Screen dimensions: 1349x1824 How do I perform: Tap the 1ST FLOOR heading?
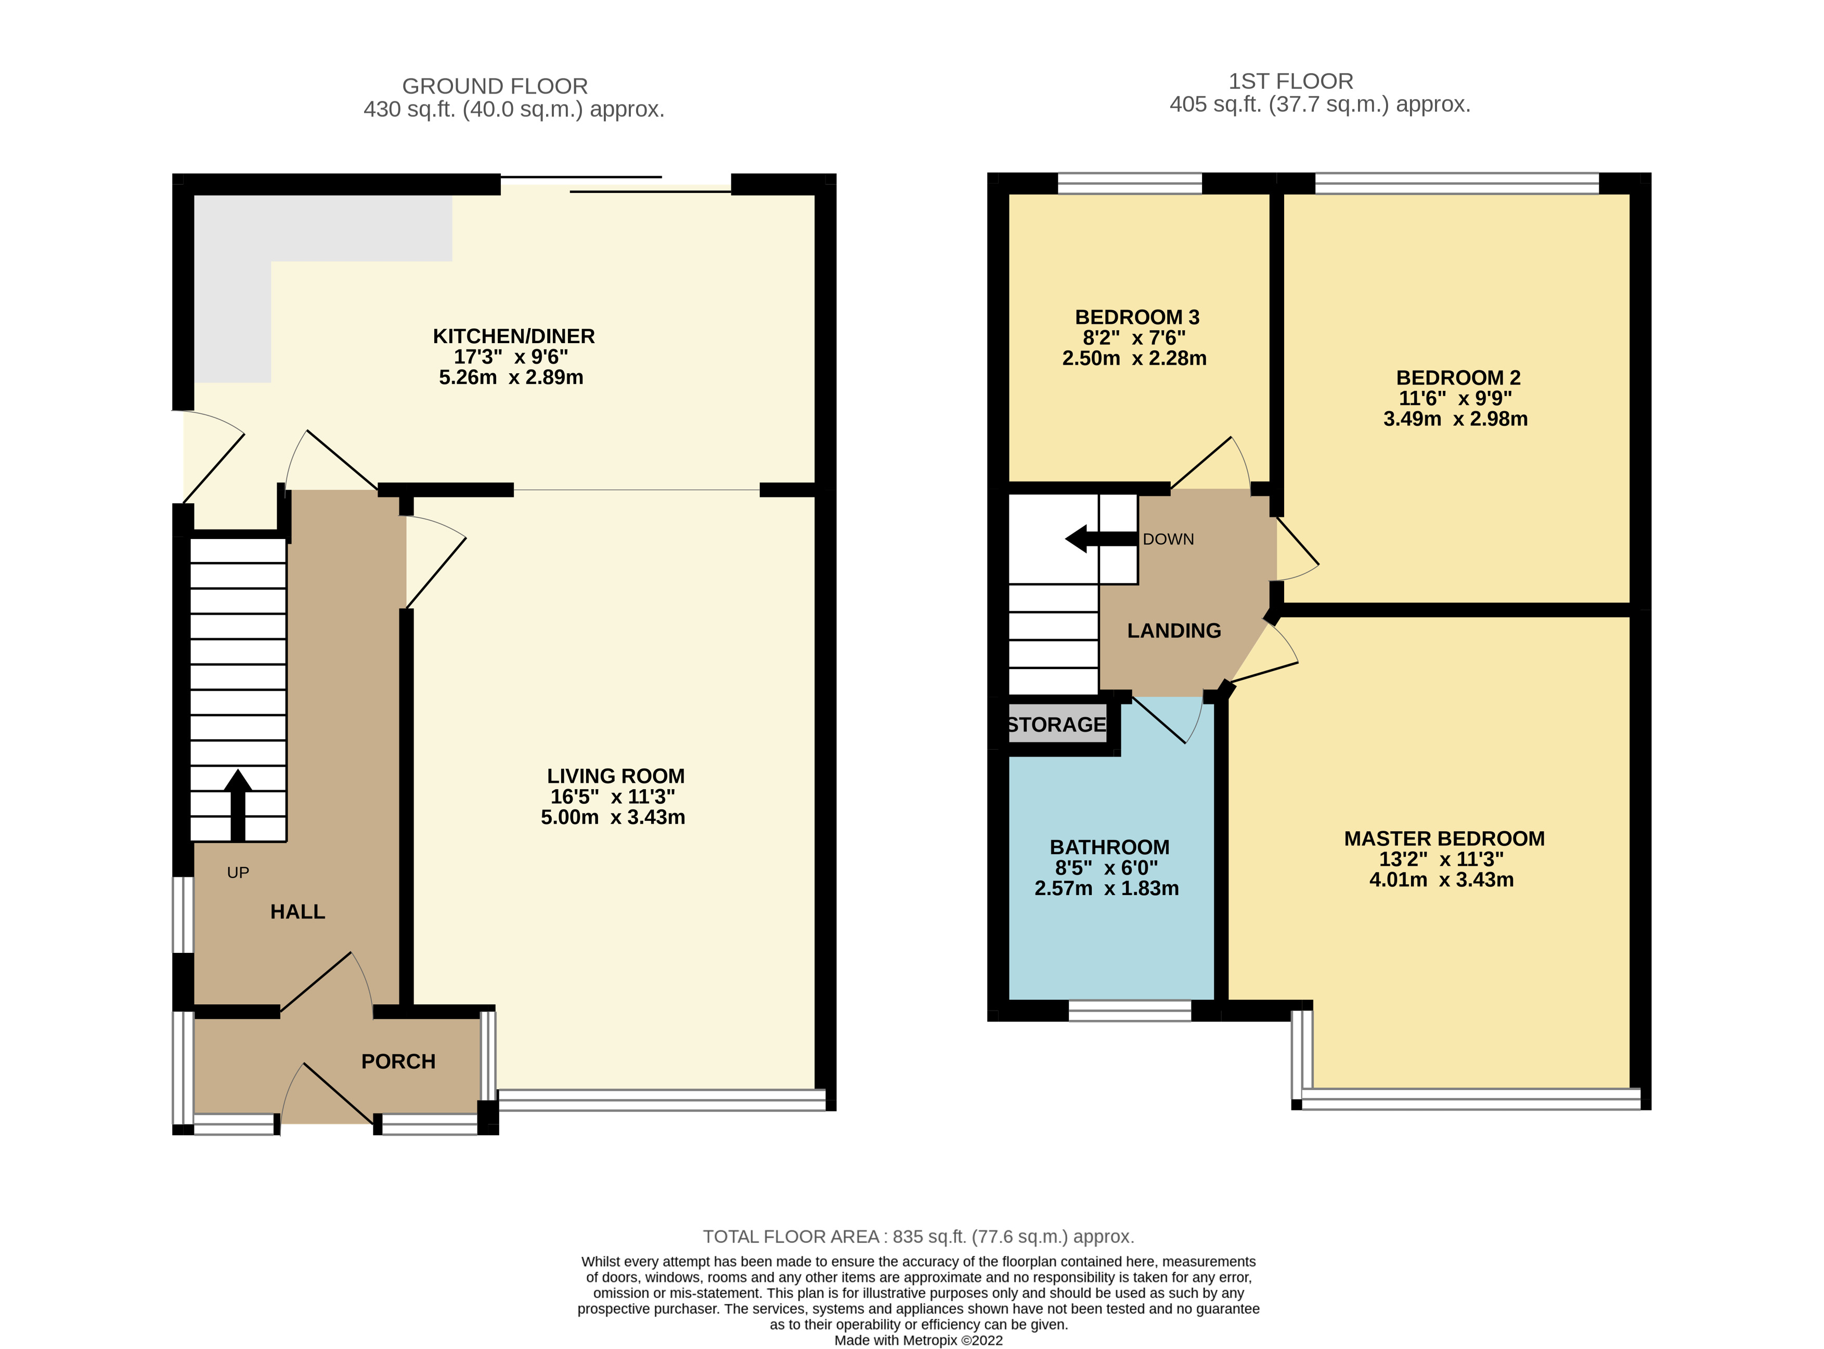[x=1290, y=81]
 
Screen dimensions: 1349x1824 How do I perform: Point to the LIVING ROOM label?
[x=615, y=776]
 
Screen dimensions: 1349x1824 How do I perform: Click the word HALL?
[x=297, y=911]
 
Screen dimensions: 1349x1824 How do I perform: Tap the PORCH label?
[x=398, y=1060]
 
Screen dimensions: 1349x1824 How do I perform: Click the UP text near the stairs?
[x=238, y=872]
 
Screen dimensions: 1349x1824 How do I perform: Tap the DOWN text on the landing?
[x=1168, y=539]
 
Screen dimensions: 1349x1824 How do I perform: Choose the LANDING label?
[x=1174, y=631]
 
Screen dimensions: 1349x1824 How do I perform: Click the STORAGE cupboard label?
[x=1056, y=724]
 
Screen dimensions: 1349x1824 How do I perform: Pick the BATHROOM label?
[x=1109, y=847]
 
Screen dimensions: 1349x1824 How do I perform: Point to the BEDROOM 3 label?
[x=1136, y=317]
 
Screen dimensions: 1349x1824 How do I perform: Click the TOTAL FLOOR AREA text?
[x=918, y=1236]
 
